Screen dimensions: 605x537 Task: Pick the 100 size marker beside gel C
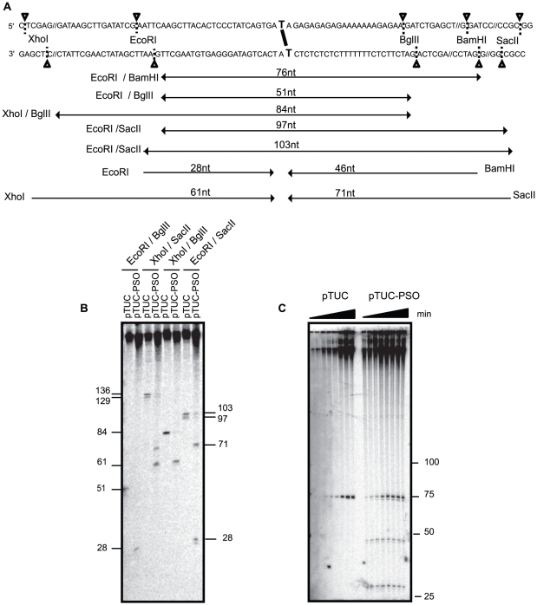[456, 462]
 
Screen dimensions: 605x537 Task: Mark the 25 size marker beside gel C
[453, 596]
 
